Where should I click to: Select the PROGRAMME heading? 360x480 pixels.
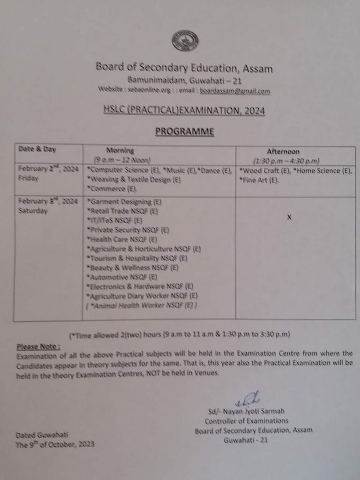(x=185, y=132)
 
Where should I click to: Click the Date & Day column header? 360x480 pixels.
(x=37, y=150)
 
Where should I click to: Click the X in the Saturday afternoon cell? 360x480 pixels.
(x=289, y=217)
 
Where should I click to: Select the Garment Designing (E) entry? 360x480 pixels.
(x=125, y=202)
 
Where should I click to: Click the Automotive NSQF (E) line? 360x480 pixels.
(x=122, y=277)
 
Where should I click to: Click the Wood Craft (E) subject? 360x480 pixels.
(x=259, y=171)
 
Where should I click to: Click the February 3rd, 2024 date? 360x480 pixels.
(x=48, y=202)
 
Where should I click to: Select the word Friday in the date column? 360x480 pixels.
(x=29, y=179)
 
